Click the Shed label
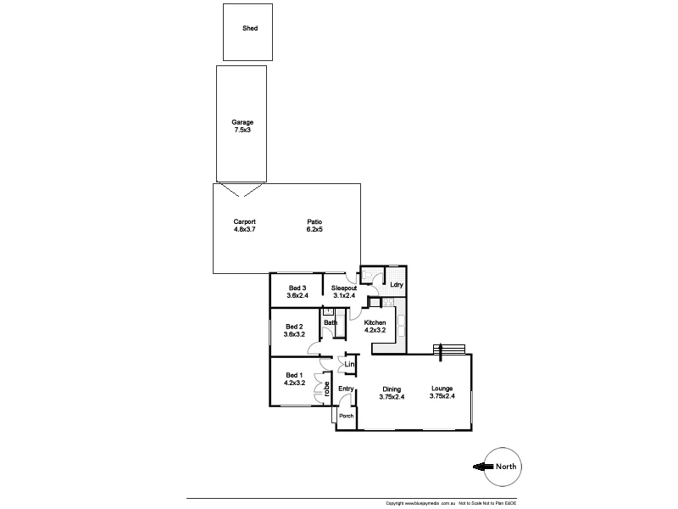click(x=250, y=28)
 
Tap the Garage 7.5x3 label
click(x=243, y=126)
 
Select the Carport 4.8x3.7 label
click(x=244, y=226)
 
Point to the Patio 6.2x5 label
click(x=314, y=226)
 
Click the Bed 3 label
click(x=297, y=292)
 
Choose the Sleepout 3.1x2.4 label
click(x=344, y=292)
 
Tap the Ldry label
click(x=396, y=284)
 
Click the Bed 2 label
click(x=295, y=331)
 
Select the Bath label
click(x=331, y=323)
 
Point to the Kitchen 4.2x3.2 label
click(x=375, y=327)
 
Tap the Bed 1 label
click(x=293, y=379)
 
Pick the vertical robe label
click(x=326, y=389)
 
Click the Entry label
click(x=345, y=389)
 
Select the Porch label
click(x=345, y=417)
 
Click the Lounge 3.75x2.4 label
click(x=442, y=393)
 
